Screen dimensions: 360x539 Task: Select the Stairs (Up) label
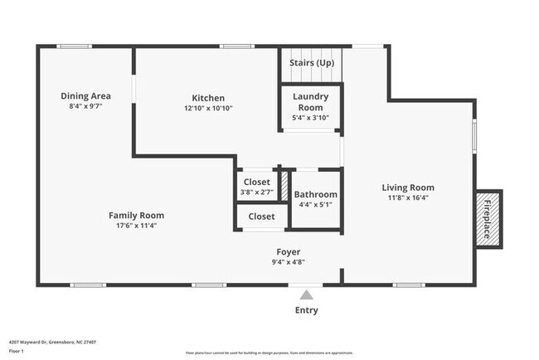(x=311, y=63)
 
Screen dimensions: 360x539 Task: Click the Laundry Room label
(x=311, y=101)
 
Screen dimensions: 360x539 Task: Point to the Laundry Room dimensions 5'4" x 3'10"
(x=311, y=118)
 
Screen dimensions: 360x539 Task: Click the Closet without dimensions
(x=261, y=216)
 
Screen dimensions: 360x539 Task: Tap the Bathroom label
(x=315, y=193)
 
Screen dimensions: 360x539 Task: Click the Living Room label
(x=407, y=187)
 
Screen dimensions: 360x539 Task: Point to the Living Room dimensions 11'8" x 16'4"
(x=407, y=198)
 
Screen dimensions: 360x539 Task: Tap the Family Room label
(x=137, y=215)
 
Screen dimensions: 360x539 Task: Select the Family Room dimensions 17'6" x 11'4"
(x=137, y=226)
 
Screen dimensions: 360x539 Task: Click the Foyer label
(x=288, y=251)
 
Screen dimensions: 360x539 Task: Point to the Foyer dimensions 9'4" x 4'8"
(x=288, y=262)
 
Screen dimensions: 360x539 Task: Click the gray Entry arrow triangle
(x=306, y=294)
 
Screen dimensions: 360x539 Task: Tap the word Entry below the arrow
(x=306, y=310)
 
